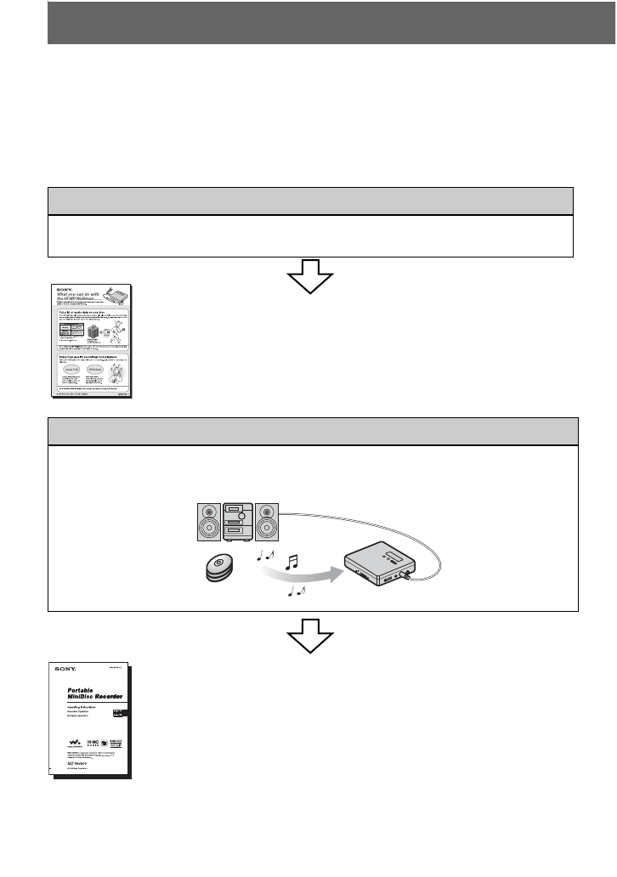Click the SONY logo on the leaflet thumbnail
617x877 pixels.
point(65,287)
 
